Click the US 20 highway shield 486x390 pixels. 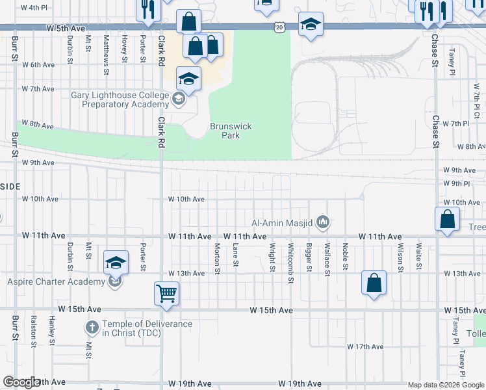click(x=279, y=27)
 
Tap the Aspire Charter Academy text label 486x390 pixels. click(x=56, y=281)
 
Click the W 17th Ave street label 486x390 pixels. click(x=367, y=347)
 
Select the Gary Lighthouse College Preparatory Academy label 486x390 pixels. click(x=120, y=99)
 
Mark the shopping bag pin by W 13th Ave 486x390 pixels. click(x=374, y=283)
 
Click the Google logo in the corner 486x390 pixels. click(x=21, y=382)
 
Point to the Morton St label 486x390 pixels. click(x=218, y=258)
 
